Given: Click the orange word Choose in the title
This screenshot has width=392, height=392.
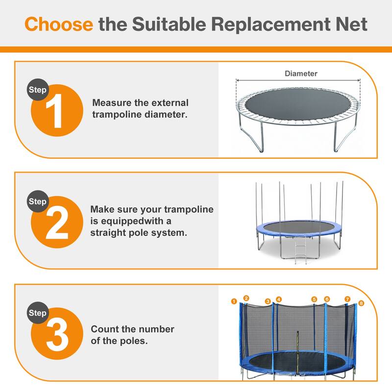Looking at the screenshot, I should [59, 24].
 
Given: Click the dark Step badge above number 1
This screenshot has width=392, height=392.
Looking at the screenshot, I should [38, 90].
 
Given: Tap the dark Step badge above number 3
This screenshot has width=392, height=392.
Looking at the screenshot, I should [38, 313].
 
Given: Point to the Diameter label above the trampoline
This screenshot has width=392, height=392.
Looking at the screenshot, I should [301, 73].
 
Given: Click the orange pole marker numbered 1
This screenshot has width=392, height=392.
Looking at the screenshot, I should [234, 301].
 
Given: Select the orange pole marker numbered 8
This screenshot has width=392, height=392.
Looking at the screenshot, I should [361, 303].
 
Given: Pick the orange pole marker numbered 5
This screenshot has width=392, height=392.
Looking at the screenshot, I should [314, 299].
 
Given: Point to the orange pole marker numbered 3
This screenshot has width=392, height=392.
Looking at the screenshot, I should [268, 301].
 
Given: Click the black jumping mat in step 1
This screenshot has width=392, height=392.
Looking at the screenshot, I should [297, 105].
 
